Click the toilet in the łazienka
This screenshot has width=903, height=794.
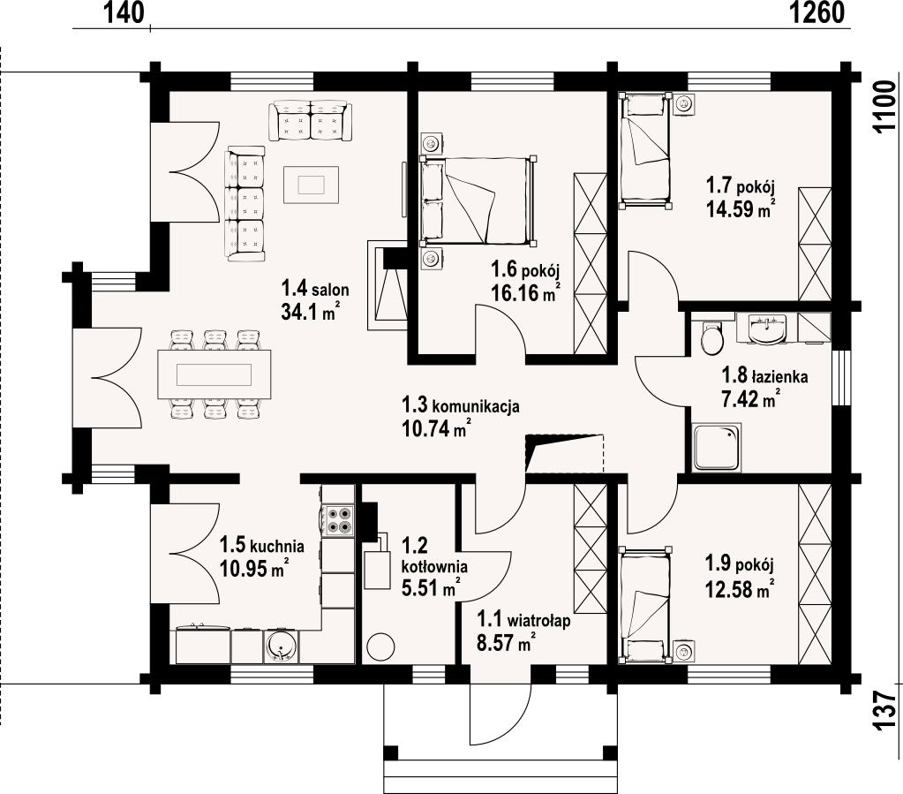coord(711,337)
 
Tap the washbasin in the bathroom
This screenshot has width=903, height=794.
coord(766,329)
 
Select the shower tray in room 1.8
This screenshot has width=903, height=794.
coord(717,447)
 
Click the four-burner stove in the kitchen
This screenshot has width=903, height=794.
coord(338,520)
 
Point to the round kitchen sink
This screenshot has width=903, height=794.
coord(282,646)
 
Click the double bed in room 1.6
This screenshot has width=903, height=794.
coord(478,200)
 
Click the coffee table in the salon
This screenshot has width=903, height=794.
coord(311,185)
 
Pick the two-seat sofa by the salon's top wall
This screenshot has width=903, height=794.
coord(311,120)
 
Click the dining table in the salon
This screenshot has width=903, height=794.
coord(214,374)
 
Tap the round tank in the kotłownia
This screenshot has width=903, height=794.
coord(380,647)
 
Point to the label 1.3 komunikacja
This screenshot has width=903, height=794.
coord(461,405)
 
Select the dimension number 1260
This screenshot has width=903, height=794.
coord(816,12)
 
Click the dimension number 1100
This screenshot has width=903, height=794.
coord(884,108)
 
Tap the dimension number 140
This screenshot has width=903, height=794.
coord(124,12)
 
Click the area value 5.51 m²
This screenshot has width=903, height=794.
coord(430,588)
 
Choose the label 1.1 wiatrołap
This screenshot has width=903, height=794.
coord(523,620)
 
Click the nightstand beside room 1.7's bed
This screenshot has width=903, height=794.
coord(684,104)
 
